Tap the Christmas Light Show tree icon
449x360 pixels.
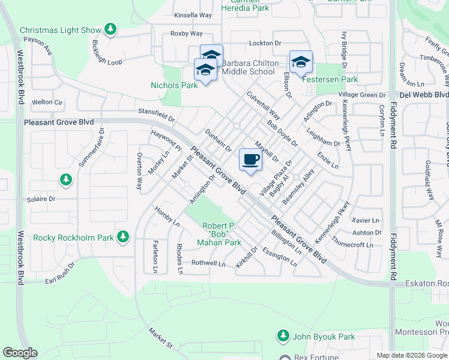[110, 29]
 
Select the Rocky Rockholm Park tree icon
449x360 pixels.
[123, 237]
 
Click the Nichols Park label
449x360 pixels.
[174, 85]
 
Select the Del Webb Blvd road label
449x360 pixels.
[424, 95]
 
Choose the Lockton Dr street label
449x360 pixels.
[265, 43]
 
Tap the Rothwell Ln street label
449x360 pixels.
[208, 263]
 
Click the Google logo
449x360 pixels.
[20, 353]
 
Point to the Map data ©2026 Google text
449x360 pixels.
[411, 355]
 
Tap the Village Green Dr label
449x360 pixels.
[361, 95]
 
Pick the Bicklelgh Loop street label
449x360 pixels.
[106, 53]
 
